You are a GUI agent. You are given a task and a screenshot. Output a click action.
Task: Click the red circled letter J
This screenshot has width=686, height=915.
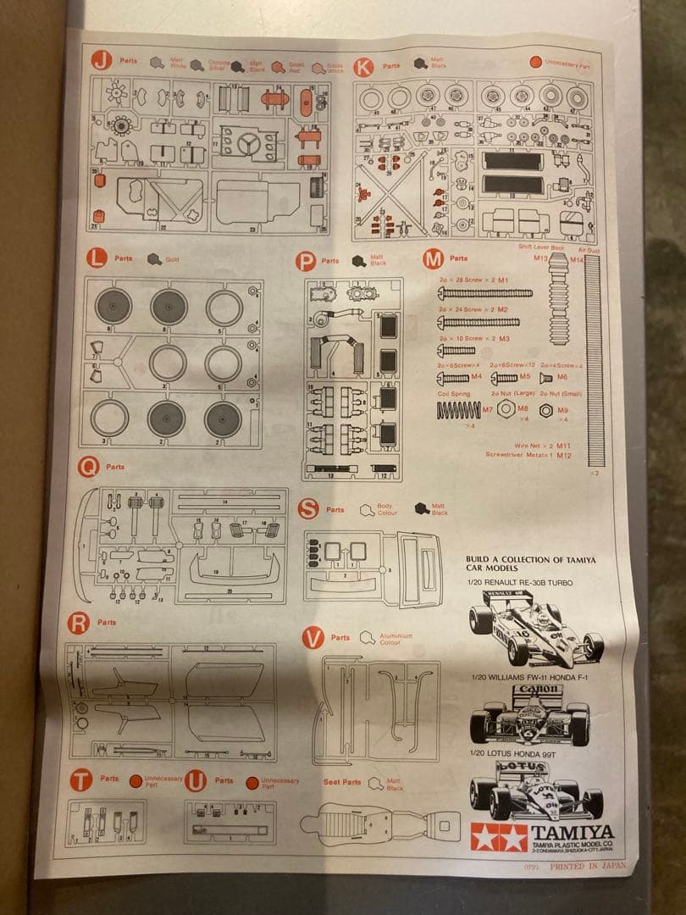[x=102, y=60]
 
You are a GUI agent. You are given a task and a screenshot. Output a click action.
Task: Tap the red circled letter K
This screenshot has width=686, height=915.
[x=363, y=66]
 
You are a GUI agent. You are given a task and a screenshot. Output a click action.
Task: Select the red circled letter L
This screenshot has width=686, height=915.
[x=97, y=256]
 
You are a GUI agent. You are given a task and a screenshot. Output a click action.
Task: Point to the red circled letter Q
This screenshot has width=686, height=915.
[x=88, y=467]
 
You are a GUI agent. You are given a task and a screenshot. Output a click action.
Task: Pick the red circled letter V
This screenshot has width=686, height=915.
[x=313, y=637]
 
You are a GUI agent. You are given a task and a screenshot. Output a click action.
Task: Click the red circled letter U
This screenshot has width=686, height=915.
[x=196, y=781]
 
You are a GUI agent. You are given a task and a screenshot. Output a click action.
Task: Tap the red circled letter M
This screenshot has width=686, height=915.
[x=433, y=259]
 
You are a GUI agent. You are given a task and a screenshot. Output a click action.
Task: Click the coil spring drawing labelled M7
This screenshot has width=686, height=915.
[x=457, y=410]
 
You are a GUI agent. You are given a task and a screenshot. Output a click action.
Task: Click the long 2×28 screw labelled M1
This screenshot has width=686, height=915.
[x=484, y=293]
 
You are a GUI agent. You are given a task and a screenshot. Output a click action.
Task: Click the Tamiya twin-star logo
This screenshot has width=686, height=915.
[x=499, y=837]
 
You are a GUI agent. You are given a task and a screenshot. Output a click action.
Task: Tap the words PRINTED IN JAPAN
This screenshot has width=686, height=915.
[x=589, y=867]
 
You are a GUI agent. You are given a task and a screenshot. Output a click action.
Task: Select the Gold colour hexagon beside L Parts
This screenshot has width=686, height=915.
[x=153, y=259]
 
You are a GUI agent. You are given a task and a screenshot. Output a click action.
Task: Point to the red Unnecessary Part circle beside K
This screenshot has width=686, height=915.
[x=535, y=62]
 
